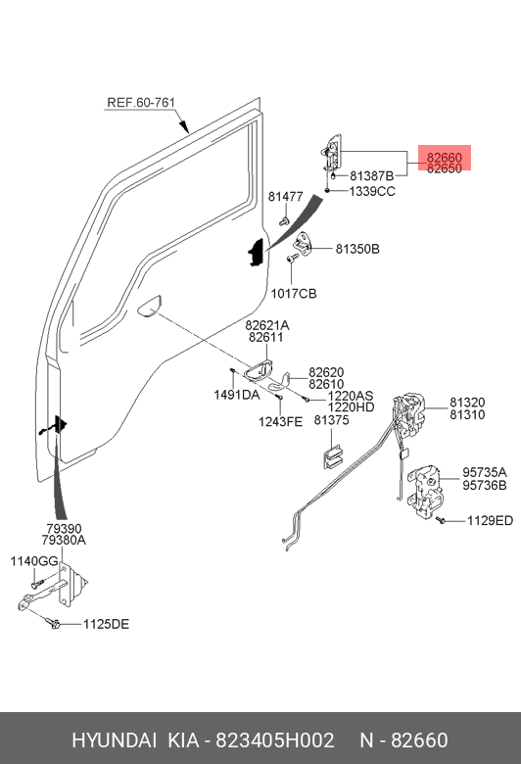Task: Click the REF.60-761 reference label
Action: tap(140, 102)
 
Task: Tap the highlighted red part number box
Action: tap(444, 158)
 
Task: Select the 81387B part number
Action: tap(371, 176)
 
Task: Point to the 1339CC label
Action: tap(372, 191)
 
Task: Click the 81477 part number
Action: tap(286, 196)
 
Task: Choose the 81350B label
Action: tap(357, 249)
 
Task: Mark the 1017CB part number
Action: tap(294, 293)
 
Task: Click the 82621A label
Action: tap(266, 325)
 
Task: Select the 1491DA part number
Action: tap(237, 395)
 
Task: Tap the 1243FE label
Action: tap(280, 421)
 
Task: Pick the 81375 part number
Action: tap(331, 420)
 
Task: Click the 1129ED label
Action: tap(490, 521)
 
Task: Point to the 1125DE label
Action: tap(106, 624)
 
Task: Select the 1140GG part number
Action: tap(34, 561)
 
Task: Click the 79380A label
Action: tap(64, 540)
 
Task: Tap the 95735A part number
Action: tap(485, 473)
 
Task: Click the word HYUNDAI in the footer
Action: tap(114, 740)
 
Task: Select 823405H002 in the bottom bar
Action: tap(275, 740)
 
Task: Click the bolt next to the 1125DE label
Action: tap(53, 623)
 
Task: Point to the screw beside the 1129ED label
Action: tap(441, 520)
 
